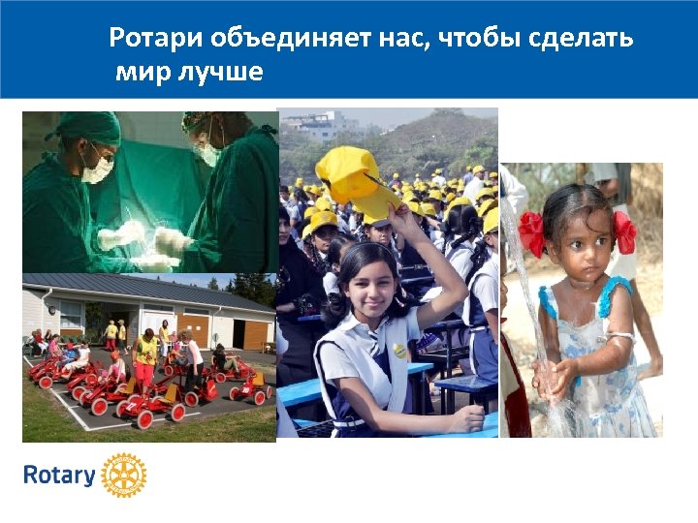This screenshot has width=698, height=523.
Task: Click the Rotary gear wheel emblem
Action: tap(124, 476)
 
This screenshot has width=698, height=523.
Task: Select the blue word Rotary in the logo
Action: tap(59, 476)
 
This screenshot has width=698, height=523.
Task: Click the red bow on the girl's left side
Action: tap(531, 233)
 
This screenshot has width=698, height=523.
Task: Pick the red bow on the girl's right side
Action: tap(624, 231)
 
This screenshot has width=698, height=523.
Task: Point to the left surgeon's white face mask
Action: tap(98, 170)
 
